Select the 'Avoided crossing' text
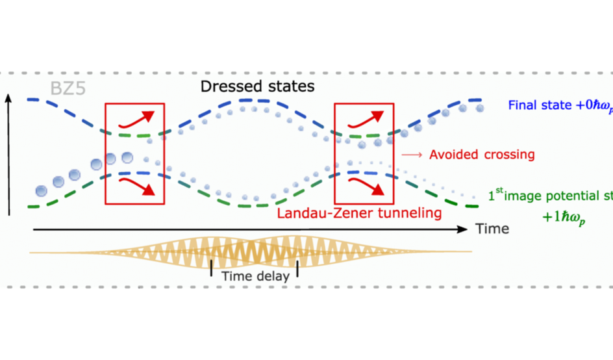pos(482,155)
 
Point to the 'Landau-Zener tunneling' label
pos(359,212)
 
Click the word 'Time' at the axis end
pos(492,229)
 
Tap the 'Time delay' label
pos(255,276)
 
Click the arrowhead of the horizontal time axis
pos(462,229)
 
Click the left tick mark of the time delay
pos(211,268)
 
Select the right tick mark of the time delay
pos(297,268)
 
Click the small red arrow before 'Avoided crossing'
pos(411,155)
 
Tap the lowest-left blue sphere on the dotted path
pos(42,191)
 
